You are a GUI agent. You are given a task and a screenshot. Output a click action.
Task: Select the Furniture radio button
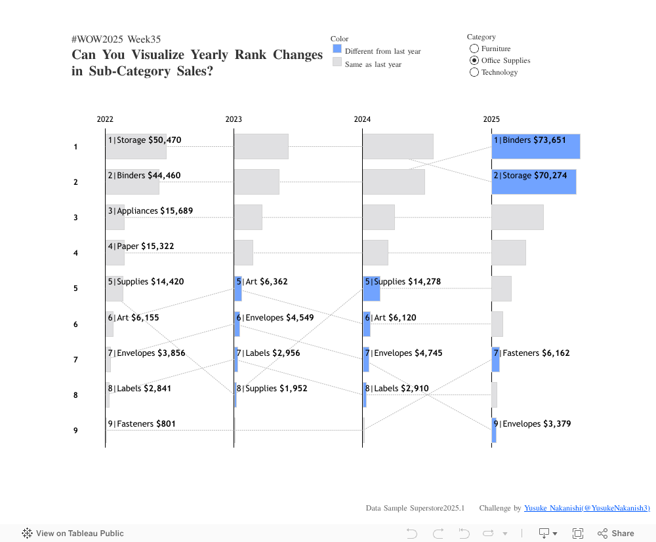pyautogui.click(x=474, y=49)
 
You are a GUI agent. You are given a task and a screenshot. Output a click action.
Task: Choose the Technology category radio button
pyautogui.click(x=474, y=73)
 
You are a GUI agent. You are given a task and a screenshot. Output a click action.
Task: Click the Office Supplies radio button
pyautogui.click(x=474, y=61)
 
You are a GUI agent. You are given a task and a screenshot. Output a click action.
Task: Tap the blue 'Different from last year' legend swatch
pyautogui.click(x=337, y=49)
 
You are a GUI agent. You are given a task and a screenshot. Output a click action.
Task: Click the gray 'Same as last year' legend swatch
pyautogui.click(x=337, y=62)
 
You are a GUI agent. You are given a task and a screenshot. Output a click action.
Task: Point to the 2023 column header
pyautogui.click(x=234, y=119)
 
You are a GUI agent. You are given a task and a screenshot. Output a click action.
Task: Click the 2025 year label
pyautogui.click(x=491, y=119)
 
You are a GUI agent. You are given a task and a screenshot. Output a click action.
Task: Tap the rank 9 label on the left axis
pyautogui.click(x=76, y=431)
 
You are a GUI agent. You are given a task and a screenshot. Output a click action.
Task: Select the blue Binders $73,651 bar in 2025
pyautogui.click(x=536, y=147)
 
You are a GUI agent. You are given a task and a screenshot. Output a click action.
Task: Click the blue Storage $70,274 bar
pyautogui.click(x=534, y=182)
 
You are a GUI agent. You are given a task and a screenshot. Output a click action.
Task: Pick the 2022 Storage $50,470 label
pyautogui.click(x=144, y=140)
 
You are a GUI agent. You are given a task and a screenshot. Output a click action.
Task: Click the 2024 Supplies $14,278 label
pyautogui.click(x=403, y=282)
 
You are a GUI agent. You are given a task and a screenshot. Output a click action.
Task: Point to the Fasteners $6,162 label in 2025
pyautogui.click(x=532, y=353)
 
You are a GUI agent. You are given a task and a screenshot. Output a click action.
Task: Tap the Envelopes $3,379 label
pyautogui.click(x=532, y=424)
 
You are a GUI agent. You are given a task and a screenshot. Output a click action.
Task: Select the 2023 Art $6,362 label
pyautogui.click(x=262, y=282)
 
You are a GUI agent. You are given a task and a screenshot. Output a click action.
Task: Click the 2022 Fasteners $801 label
pyautogui.click(x=142, y=424)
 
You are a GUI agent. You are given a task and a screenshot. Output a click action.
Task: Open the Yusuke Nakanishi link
pyautogui.click(x=586, y=509)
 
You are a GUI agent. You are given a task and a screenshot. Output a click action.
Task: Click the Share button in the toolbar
pyautogui.click(x=616, y=533)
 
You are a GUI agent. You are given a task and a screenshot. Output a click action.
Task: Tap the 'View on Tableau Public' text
pyautogui.click(x=79, y=533)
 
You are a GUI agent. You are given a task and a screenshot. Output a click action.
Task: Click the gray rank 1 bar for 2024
pyautogui.click(x=398, y=147)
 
